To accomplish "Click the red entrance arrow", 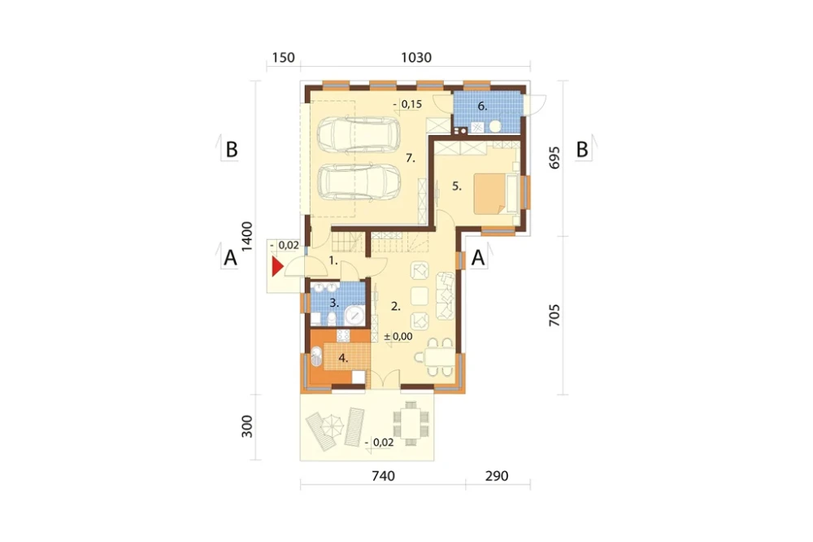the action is coord(277,267).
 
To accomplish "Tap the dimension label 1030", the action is coord(416,57).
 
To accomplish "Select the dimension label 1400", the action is coord(247,237).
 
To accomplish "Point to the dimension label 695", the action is coord(554,158).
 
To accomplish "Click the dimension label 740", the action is coord(383,475).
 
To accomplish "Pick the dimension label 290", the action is coord(497,475).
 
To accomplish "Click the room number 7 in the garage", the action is coord(411,159).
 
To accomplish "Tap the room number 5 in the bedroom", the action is coord(456,186).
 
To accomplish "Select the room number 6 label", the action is coord(482,107).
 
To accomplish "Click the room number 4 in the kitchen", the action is coord(343,358).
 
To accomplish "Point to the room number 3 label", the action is coord(334,304).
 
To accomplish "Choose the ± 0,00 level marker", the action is coord(398,336).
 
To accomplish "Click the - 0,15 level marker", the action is coord(407,104).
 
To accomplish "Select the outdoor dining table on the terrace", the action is coord(411,424).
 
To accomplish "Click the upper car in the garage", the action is coord(359,135).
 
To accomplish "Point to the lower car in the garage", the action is coord(359,182).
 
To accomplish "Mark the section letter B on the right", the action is coord(582,150).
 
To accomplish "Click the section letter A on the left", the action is coord(230,257).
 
